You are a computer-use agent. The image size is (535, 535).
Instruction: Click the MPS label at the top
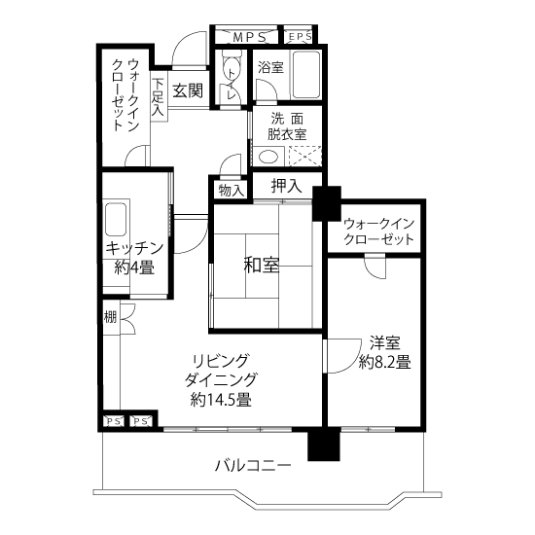[249, 38]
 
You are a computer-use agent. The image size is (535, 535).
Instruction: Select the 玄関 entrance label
[188, 90]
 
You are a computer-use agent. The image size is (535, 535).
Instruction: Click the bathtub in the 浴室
[306, 75]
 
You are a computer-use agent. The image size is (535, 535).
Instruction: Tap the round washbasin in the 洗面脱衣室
[268, 157]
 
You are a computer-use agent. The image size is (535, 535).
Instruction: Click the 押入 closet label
[287, 186]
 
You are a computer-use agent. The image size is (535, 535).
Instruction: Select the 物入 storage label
[232, 191]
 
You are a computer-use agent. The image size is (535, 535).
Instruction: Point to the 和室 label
[262, 266]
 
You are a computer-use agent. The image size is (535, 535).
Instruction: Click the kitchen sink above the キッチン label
[116, 219]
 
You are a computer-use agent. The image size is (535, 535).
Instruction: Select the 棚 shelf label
[110, 317]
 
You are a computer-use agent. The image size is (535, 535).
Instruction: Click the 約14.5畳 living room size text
[221, 400]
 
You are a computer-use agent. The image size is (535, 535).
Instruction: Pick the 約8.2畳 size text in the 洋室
[384, 362]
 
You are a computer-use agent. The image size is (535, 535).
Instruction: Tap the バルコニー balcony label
[253, 465]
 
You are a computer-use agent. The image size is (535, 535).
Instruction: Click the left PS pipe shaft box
[114, 421]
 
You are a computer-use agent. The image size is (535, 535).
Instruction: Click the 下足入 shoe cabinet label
[158, 97]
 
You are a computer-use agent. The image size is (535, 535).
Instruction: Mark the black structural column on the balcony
[324, 444]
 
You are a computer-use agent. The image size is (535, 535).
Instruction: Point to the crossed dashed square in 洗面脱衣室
[305, 157]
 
